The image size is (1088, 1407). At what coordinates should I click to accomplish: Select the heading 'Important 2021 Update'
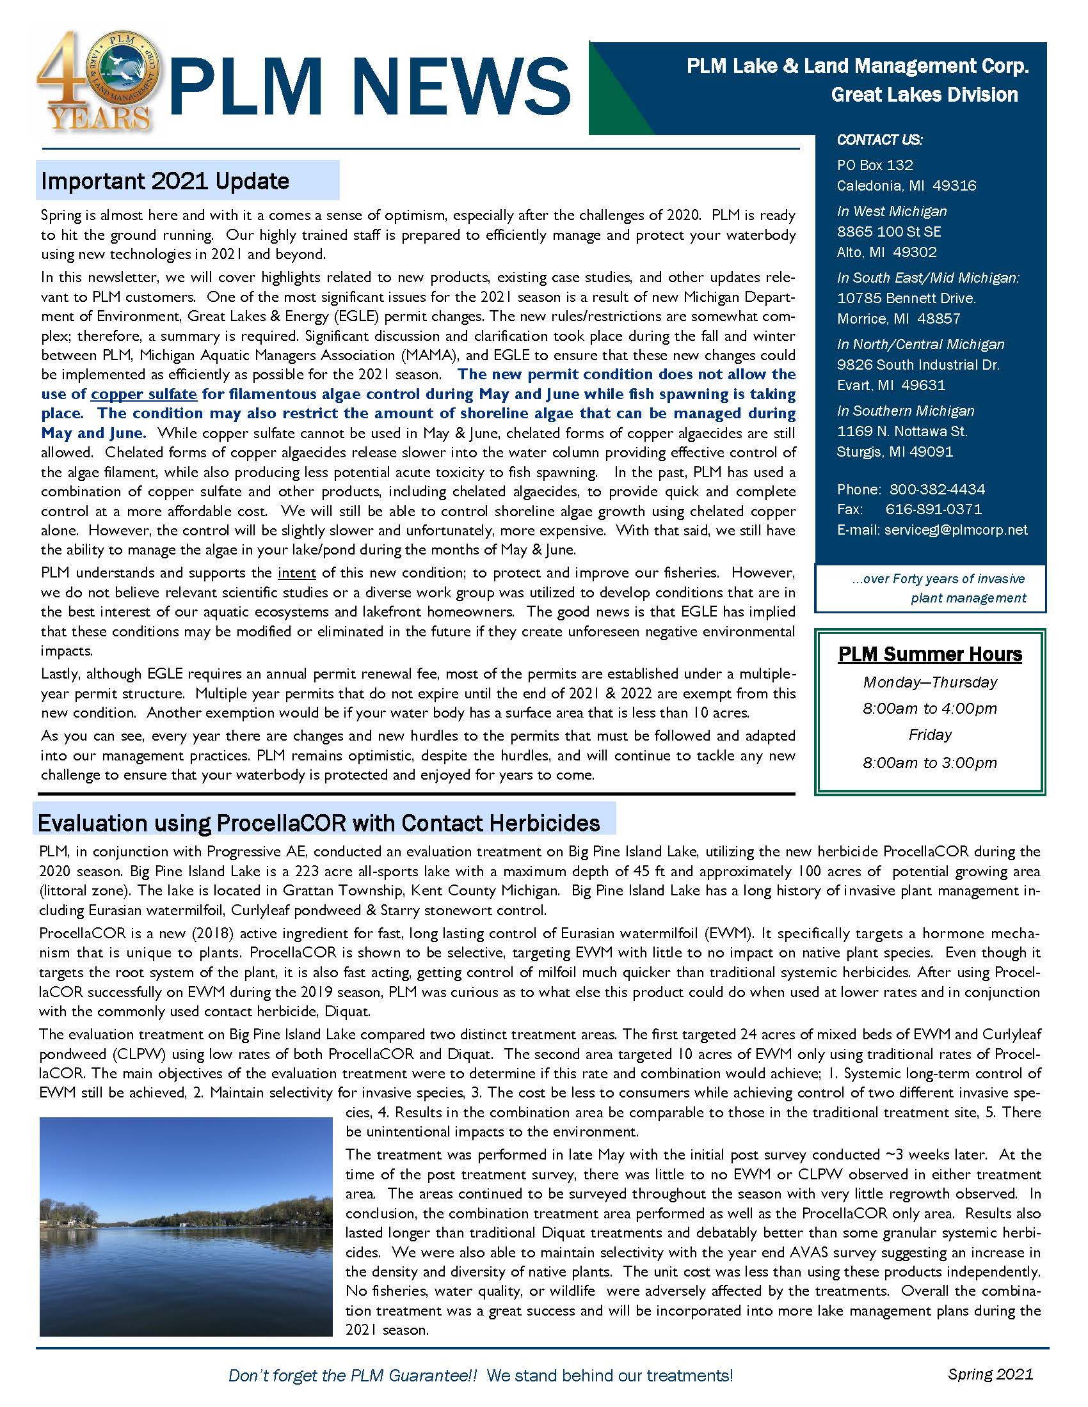pos(165,181)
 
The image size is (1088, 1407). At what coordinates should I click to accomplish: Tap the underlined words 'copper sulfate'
pos(144,394)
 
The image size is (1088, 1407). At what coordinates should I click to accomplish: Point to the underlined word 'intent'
pos(296,573)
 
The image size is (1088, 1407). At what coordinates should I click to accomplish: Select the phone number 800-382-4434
pos(937,489)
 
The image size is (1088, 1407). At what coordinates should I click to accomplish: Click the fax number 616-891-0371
pos(933,509)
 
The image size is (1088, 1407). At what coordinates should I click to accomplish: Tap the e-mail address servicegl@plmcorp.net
pos(956,530)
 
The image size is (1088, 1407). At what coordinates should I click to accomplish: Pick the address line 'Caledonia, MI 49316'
pos(906,185)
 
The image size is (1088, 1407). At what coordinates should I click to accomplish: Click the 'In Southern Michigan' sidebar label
pos(906,411)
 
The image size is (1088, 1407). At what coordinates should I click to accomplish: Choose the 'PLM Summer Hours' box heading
pos(930,654)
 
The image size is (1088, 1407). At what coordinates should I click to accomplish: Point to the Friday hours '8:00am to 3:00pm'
pos(929,763)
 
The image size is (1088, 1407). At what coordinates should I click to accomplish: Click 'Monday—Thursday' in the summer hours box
pos(930,682)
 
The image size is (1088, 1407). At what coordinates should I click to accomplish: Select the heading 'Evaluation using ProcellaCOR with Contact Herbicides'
pos(319,823)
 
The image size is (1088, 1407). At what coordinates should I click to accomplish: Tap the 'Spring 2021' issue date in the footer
pos(990,1374)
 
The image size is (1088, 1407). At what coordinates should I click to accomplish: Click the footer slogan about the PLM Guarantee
pos(481,1376)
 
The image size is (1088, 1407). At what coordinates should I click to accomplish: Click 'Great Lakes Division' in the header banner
pos(924,95)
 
